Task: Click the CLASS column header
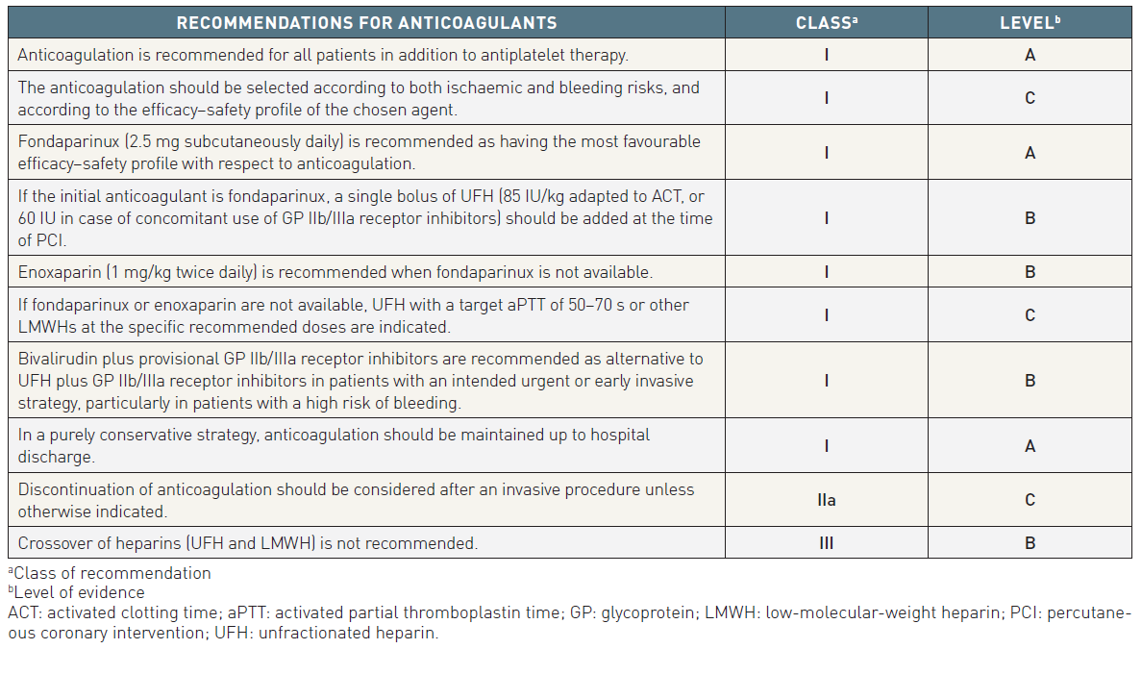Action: (826, 22)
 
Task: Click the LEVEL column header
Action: (1030, 22)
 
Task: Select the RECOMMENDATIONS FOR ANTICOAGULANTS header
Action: (366, 22)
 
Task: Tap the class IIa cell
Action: (826, 500)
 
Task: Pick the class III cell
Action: (826, 543)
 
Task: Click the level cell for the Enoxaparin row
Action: (1030, 272)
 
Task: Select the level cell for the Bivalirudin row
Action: (1030, 381)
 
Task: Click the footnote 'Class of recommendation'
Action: (112, 573)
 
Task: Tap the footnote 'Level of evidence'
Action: (80, 592)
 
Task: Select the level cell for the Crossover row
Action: (1030, 543)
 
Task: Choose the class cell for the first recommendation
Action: (826, 55)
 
